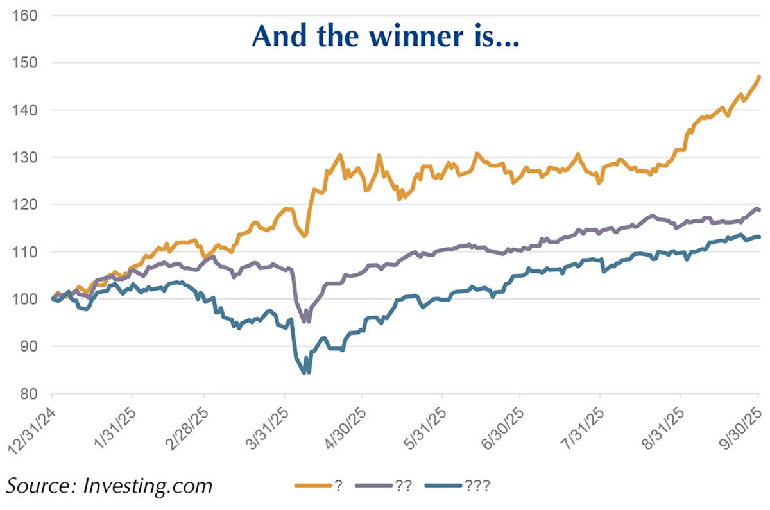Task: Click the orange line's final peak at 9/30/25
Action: (x=759, y=77)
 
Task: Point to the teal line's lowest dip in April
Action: (x=305, y=372)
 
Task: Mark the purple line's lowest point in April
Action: (x=304, y=321)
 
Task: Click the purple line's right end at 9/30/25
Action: (x=759, y=210)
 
